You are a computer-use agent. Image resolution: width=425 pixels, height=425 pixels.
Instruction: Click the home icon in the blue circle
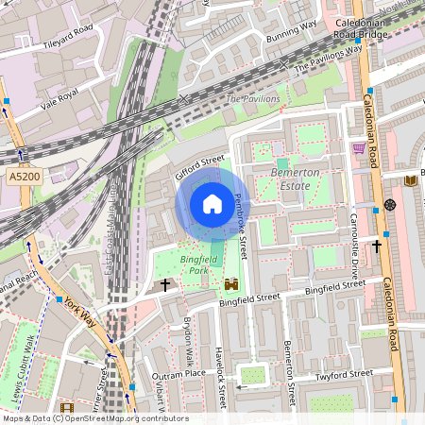(x=212, y=204)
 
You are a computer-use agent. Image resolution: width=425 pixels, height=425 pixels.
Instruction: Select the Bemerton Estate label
(x=296, y=179)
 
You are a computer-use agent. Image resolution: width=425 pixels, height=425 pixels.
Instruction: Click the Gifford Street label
(x=199, y=167)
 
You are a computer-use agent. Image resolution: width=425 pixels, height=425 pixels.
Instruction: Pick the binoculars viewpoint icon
(x=230, y=283)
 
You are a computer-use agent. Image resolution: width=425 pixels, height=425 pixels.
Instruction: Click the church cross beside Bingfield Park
(x=165, y=284)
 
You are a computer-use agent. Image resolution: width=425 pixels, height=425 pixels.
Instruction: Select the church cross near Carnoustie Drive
(x=376, y=246)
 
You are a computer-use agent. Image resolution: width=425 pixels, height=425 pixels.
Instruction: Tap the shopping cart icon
(x=359, y=147)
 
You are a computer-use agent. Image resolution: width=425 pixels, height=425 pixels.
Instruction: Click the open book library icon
(x=410, y=180)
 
